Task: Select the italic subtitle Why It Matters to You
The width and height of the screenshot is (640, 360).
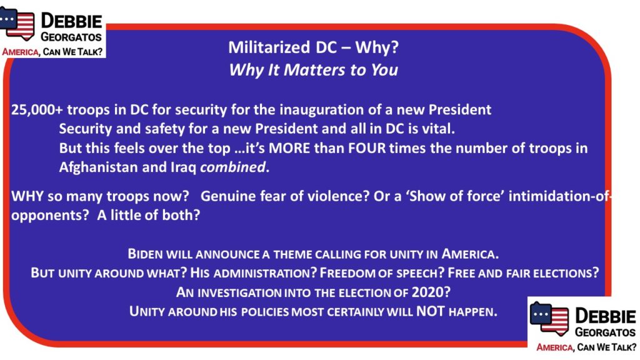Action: [314, 70]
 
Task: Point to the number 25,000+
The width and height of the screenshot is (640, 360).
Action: [37, 110]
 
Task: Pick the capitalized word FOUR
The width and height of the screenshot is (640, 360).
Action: [366, 147]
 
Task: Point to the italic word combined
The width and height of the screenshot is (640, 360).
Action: [232, 167]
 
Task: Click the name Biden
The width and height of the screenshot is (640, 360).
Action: [145, 254]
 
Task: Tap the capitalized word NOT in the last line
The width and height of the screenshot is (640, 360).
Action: [430, 311]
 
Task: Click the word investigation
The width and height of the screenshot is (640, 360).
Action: [239, 292]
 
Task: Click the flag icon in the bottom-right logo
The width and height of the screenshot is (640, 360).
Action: [549, 318]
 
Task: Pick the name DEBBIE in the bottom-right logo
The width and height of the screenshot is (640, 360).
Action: [605, 316]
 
